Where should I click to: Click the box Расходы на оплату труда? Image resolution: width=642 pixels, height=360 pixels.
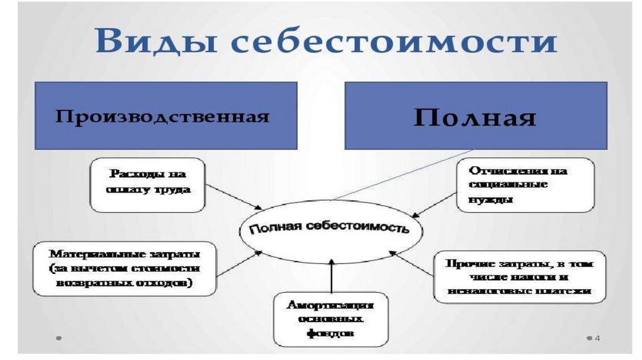pyautogui.click(x=148, y=184)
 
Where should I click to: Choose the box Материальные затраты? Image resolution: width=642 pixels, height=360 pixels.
pyautogui.click(x=125, y=268)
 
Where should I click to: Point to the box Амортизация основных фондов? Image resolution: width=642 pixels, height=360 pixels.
pyautogui.click(x=330, y=319)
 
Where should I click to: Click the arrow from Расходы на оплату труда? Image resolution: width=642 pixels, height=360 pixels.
pyautogui.click(x=233, y=197)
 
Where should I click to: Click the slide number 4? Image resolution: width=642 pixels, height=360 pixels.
pyautogui.click(x=597, y=338)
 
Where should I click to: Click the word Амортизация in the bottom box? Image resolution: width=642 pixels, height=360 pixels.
pyautogui.click(x=330, y=305)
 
